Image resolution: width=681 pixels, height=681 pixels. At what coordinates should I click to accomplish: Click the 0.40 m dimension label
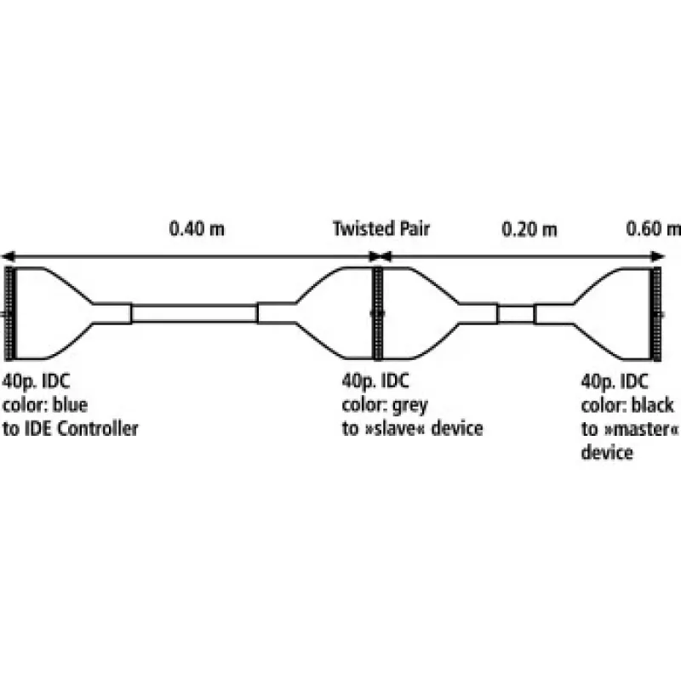click(197, 229)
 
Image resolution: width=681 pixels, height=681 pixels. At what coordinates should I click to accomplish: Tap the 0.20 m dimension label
click(529, 229)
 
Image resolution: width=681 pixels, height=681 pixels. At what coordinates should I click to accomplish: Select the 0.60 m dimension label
click(653, 229)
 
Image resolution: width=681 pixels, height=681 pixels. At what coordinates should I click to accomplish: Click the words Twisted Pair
click(381, 228)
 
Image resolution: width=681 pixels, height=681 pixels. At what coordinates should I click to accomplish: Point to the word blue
click(70, 405)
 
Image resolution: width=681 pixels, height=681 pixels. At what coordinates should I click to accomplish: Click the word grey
click(409, 406)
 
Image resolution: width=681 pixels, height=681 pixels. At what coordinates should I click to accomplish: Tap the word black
click(652, 405)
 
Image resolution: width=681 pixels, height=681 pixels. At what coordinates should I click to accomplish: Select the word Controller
click(98, 429)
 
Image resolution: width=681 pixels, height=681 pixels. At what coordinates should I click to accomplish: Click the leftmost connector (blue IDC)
click(9, 313)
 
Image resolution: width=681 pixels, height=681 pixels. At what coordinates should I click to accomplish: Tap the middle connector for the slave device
click(378, 313)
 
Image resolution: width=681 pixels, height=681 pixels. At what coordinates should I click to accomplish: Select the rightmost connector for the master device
click(656, 313)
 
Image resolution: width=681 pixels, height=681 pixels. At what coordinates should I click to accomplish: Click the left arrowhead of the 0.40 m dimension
click(8, 256)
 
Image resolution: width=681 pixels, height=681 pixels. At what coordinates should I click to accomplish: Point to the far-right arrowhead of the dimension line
click(658, 257)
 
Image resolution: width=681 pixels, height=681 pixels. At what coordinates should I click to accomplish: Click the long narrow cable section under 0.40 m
click(194, 314)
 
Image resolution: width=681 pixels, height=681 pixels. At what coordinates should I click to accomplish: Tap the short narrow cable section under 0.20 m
click(516, 314)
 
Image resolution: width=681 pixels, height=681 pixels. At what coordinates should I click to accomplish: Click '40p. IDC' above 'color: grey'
click(375, 381)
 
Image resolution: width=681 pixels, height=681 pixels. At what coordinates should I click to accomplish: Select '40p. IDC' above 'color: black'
click(615, 381)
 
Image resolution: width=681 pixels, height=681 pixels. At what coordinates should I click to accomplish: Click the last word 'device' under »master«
click(607, 452)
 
